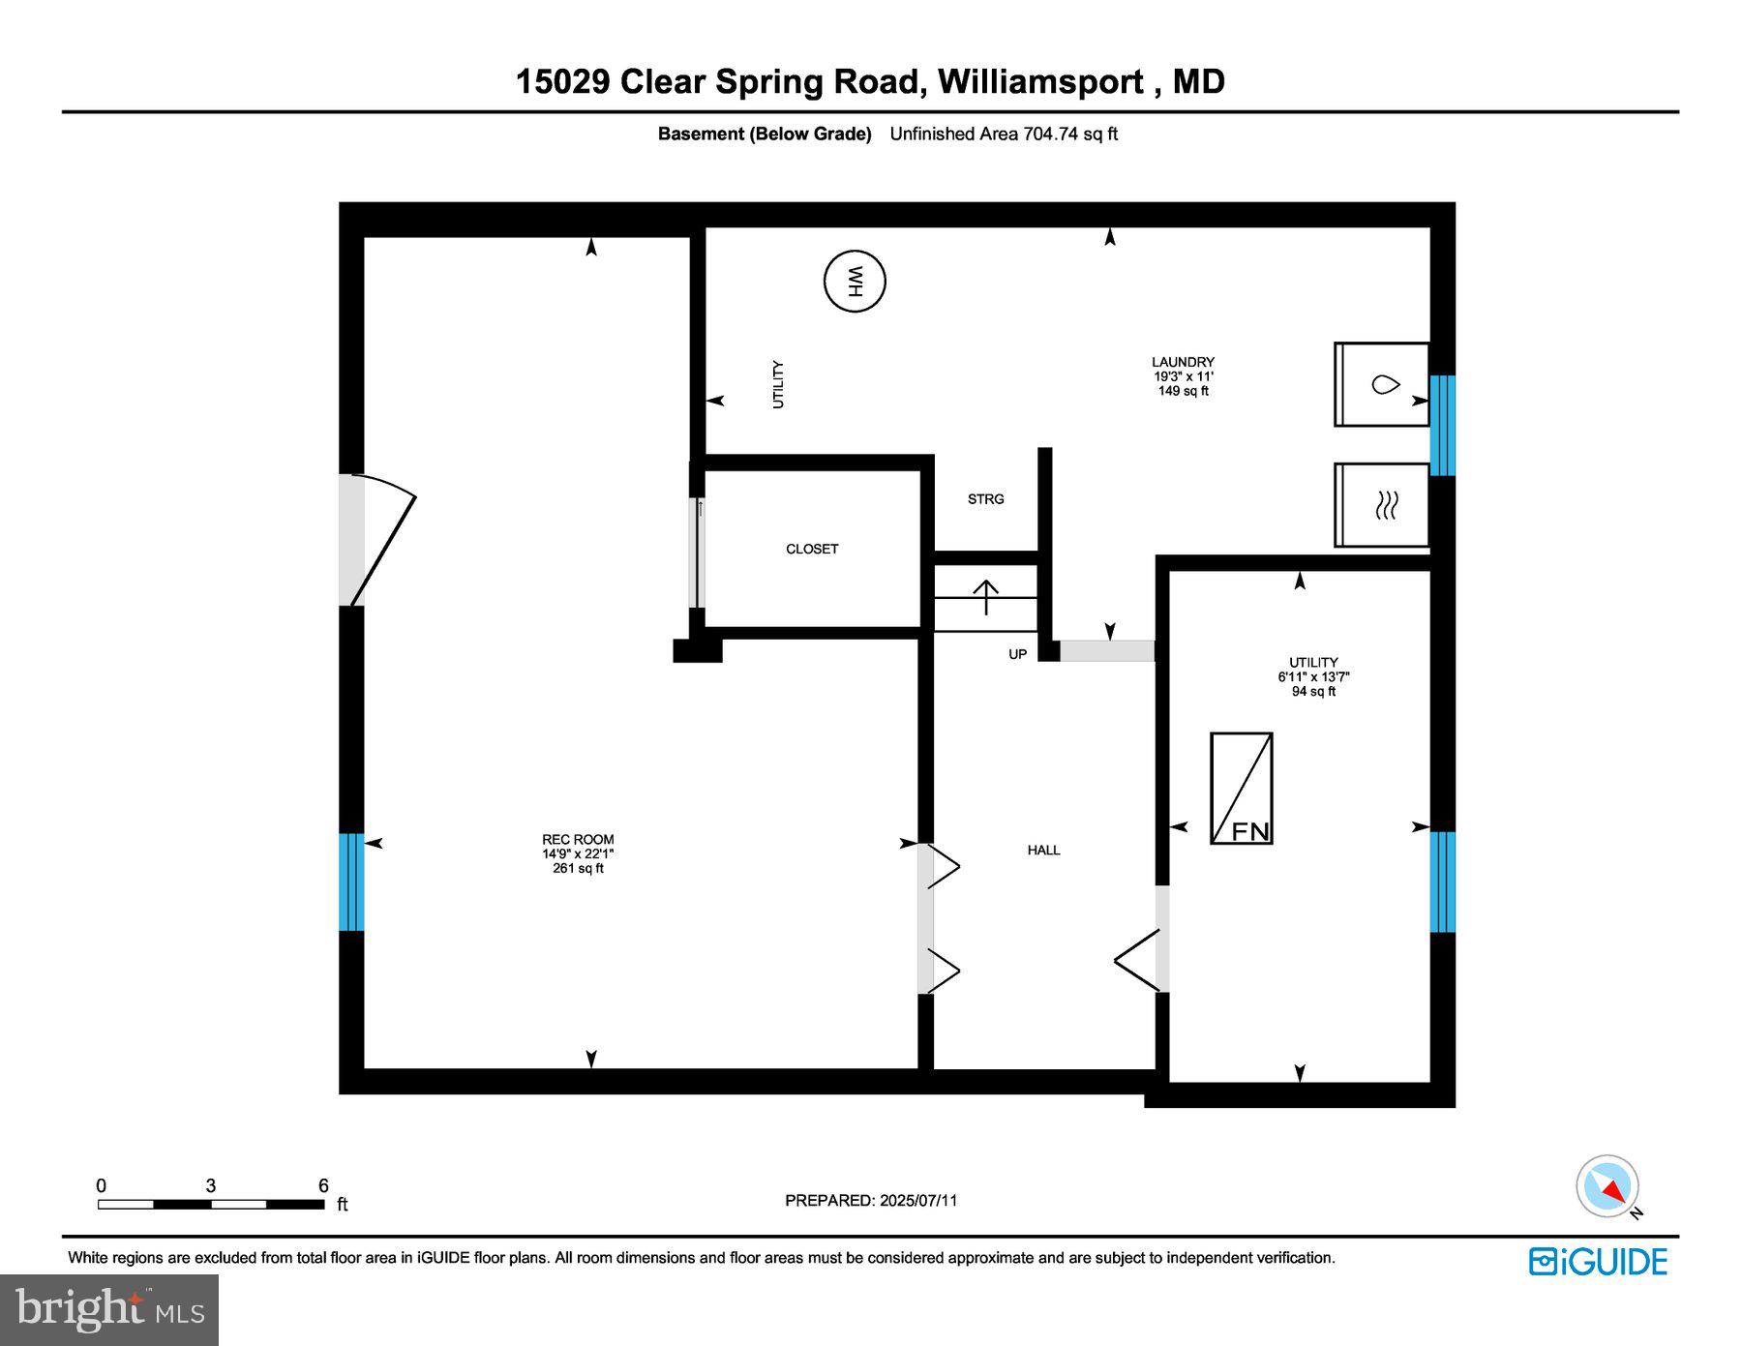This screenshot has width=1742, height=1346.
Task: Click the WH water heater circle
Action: tap(855, 282)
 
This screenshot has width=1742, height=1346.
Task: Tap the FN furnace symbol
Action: tap(1242, 788)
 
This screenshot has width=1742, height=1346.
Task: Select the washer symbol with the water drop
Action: tap(1381, 384)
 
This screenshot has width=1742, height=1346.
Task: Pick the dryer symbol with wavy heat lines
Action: tap(1381, 505)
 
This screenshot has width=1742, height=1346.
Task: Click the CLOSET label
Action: tap(811, 549)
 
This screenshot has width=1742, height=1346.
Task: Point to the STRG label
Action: tap(985, 499)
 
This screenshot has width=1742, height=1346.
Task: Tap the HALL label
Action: tap(1043, 850)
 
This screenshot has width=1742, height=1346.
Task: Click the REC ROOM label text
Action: tap(578, 840)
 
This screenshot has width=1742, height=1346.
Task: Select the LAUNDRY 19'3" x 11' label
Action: tap(1183, 375)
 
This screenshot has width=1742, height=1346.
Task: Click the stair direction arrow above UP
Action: tap(985, 597)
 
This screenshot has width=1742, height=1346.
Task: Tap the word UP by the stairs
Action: tap(1017, 655)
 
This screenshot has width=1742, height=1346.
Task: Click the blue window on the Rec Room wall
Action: tap(351, 882)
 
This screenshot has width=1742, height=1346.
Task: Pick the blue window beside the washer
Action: tap(1442, 425)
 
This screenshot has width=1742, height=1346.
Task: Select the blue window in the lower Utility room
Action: tap(1442, 882)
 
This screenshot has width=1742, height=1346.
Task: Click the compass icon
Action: tap(1607, 1186)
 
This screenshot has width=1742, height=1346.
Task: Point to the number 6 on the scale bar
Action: tap(323, 1185)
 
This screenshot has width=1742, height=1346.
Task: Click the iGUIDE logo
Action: tap(1598, 1262)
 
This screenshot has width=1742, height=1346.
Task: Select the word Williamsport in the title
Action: tap(1041, 81)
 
